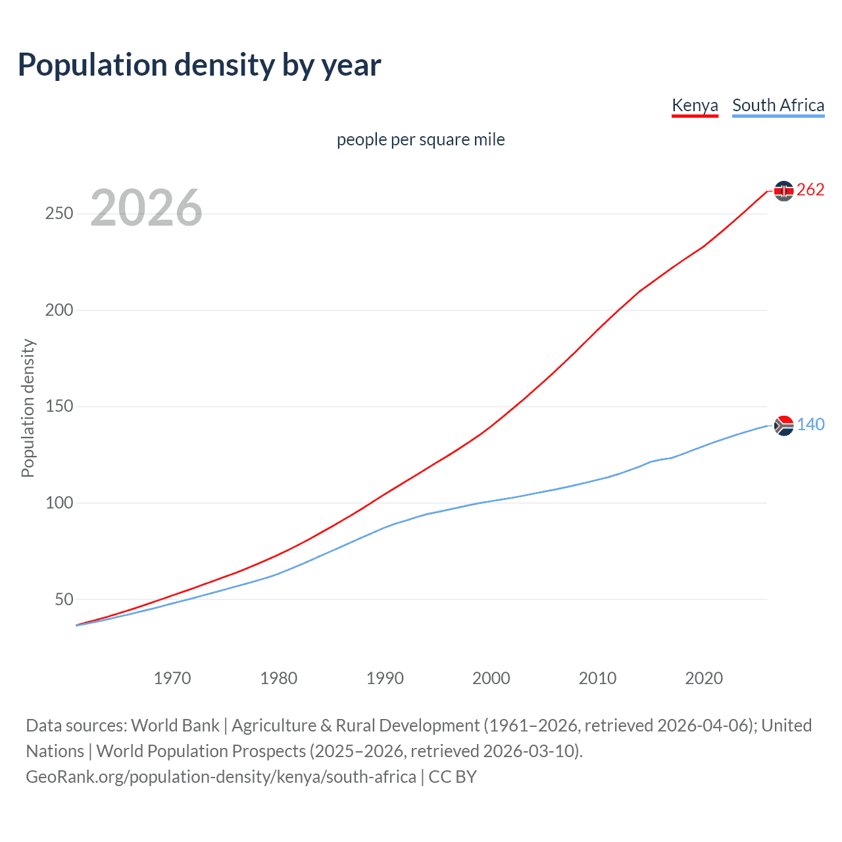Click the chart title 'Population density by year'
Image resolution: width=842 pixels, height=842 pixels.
pyautogui.click(x=199, y=64)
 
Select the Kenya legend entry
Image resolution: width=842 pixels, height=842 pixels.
pyautogui.click(x=695, y=105)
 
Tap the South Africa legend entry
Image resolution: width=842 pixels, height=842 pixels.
pyautogui.click(x=778, y=105)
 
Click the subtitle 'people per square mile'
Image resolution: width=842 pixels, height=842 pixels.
pyautogui.click(x=421, y=139)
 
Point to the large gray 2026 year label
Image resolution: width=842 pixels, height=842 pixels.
pyautogui.click(x=146, y=208)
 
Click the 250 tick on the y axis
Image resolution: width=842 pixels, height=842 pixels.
pyautogui.click(x=59, y=214)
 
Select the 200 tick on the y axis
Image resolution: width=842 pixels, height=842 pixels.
pyautogui.click(x=59, y=310)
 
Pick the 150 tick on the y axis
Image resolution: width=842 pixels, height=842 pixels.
pyautogui.click(x=59, y=407)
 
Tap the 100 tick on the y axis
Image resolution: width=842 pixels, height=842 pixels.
pyautogui.click(x=59, y=503)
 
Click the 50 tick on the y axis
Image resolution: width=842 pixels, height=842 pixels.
pyautogui.click(x=64, y=599)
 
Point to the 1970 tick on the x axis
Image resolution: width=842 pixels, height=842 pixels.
pyautogui.click(x=172, y=678)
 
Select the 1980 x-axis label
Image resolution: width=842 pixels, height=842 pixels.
pyautogui.click(x=279, y=678)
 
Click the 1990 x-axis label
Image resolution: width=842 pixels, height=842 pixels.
pyautogui.click(x=385, y=678)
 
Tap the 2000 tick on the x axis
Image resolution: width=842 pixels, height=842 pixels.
pyautogui.click(x=491, y=678)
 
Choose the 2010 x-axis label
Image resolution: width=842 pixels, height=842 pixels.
pyautogui.click(x=597, y=678)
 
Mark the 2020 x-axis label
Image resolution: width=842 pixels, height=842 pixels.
pyautogui.click(x=704, y=678)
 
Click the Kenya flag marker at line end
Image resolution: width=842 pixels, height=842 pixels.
pyautogui.click(x=783, y=191)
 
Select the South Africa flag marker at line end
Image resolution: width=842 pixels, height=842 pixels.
pyautogui.click(x=783, y=426)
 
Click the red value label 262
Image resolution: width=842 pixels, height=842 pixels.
pyautogui.click(x=810, y=190)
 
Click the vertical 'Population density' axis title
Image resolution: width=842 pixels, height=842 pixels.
pyautogui.click(x=28, y=408)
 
